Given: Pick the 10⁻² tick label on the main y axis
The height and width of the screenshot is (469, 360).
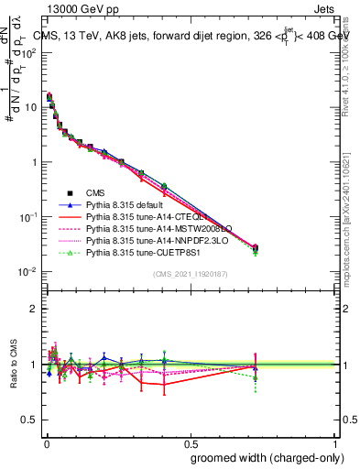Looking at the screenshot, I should [27, 272].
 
